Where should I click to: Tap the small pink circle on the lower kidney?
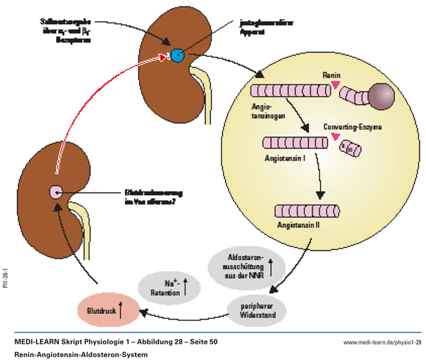[55, 191]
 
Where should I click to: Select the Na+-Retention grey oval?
[170, 285]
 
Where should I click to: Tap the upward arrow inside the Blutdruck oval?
[121, 309]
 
